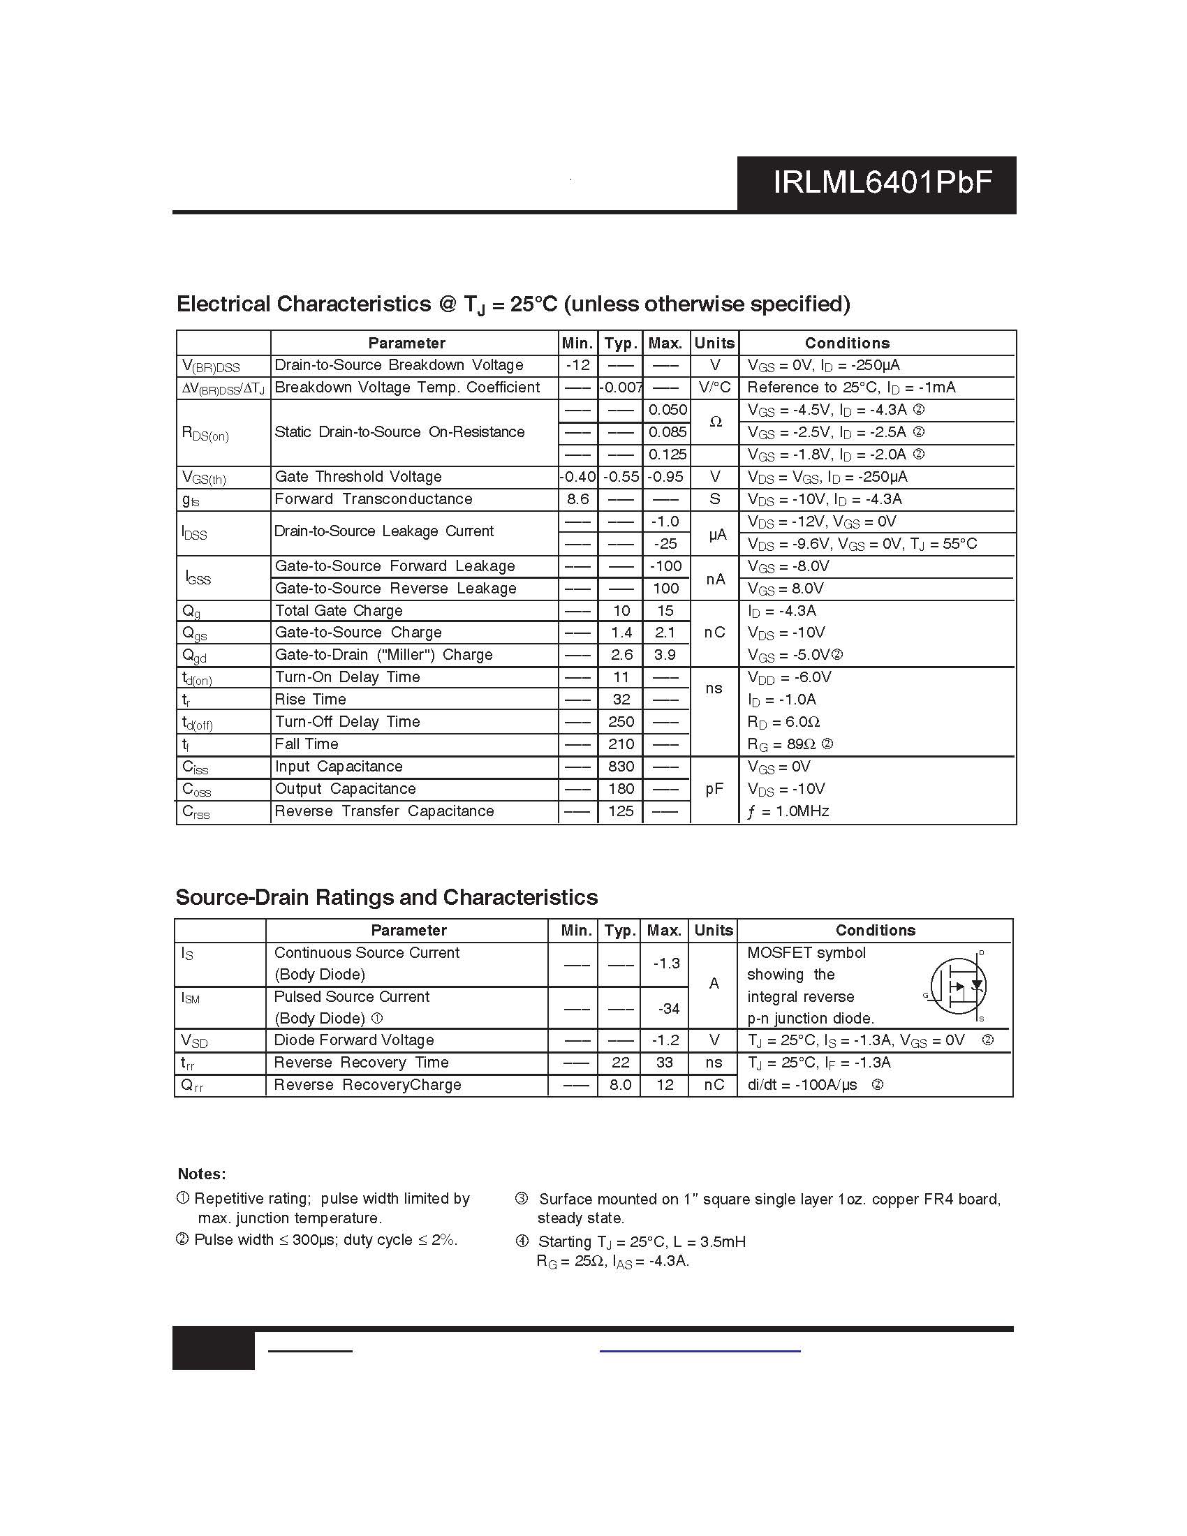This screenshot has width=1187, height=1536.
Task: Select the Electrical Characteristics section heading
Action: point(513,304)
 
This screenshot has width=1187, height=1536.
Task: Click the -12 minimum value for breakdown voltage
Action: point(577,365)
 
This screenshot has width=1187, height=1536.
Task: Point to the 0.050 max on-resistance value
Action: point(667,410)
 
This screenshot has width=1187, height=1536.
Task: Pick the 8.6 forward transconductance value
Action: point(577,499)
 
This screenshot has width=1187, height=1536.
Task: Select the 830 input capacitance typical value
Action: point(621,767)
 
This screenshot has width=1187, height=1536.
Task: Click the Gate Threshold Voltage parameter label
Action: point(358,477)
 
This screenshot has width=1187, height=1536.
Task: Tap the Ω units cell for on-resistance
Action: point(715,422)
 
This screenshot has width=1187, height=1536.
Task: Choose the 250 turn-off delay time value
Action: point(621,722)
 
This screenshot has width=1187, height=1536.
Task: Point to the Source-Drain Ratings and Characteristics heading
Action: point(386,897)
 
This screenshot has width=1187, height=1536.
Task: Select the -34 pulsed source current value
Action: point(668,1009)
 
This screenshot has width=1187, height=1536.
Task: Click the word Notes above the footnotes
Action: point(202,1174)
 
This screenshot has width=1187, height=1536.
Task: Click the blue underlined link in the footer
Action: point(700,1350)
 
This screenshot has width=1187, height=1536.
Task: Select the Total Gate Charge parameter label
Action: point(338,610)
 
